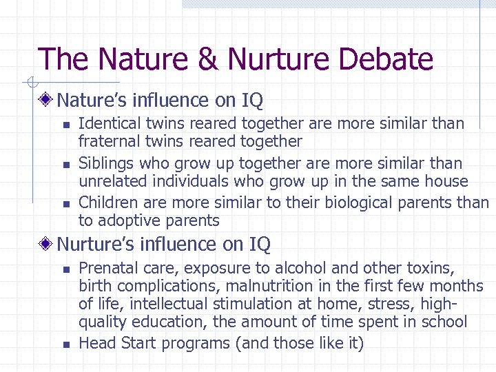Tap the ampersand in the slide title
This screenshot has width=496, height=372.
click(207, 59)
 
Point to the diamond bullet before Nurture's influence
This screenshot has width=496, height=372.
click(47, 245)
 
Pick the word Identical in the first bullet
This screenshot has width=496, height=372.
click(107, 124)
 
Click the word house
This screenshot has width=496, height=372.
click(446, 182)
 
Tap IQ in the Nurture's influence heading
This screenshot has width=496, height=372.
click(258, 245)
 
